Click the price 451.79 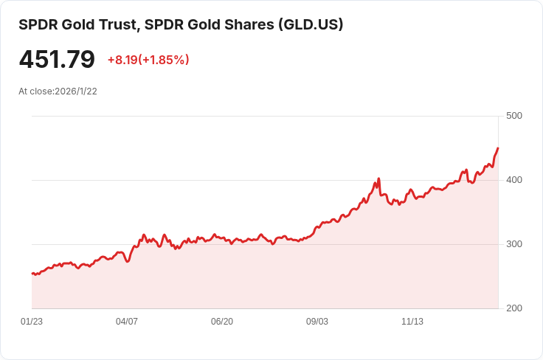click(57, 60)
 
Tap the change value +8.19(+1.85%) click(148, 60)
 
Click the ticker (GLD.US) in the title click(311, 24)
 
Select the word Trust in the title click(117, 24)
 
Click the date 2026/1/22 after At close click(76, 91)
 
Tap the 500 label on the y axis click(514, 116)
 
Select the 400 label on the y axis click(514, 180)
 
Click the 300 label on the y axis click(514, 244)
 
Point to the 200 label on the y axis click(514, 308)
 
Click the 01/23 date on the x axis click(32, 322)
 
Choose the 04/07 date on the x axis click(127, 322)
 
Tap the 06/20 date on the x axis click(222, 322)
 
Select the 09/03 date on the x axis click(317, 322)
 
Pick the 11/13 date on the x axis click(412, 322)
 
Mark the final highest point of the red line click(498, 148)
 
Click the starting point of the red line click(32, 274)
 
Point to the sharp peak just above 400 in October click(378, 179)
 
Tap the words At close click(35, 91)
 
